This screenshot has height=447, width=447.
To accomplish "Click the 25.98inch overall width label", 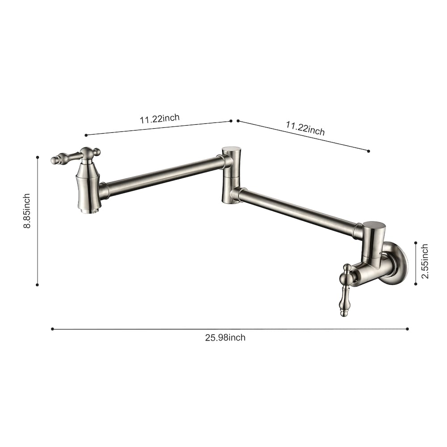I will click(x=225, y=337).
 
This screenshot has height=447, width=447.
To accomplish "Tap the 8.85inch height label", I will click(x=27, y=211).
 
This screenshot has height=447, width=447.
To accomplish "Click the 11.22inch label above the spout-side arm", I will click(x=160, y=119).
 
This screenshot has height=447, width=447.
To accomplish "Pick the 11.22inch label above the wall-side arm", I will click(x=305, y=128).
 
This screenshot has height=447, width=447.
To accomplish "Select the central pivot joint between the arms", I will click(x=231, y=175).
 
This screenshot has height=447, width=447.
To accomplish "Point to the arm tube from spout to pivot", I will click(x=163, y=176).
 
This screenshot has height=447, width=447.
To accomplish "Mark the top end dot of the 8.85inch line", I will click(x=38, y=157).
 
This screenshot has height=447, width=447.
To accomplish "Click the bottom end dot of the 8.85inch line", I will click(x=37, y=284).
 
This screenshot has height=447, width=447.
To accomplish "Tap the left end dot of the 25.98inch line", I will click(x=52, y=329).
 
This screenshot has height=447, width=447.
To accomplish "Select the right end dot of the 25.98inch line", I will click(x=407, y=329).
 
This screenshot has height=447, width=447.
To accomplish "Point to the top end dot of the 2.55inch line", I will click(x=415, y=243).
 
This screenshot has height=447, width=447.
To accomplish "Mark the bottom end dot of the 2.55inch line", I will click(x=415, y=283).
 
